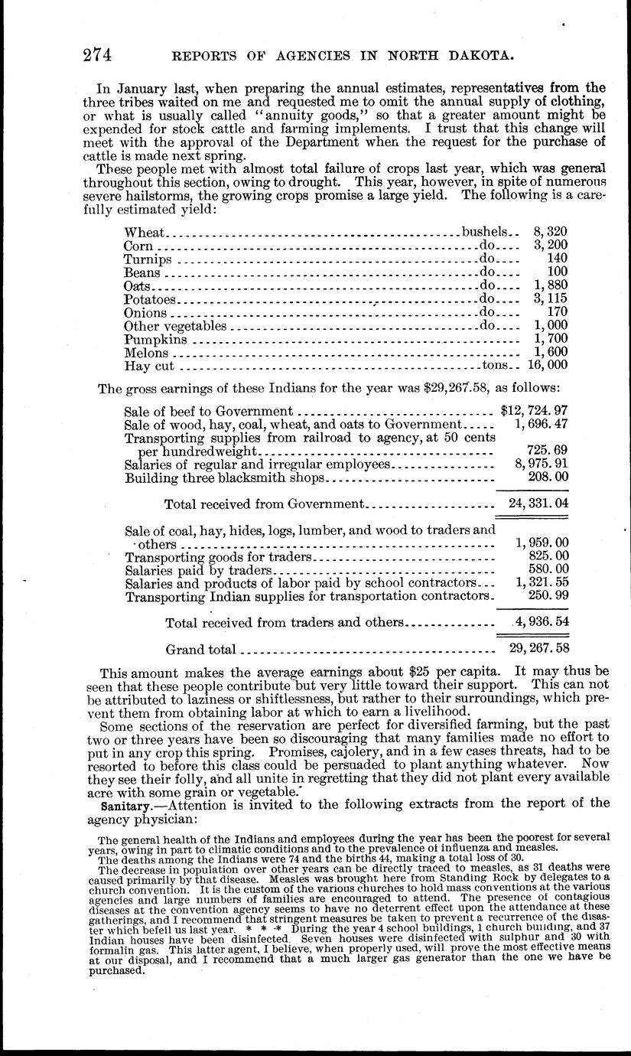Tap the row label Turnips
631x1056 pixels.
click(145, 259)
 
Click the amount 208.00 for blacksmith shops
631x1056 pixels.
click(548, 477)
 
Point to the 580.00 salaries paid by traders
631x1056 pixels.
click(548, 570)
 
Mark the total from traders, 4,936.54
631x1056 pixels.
click(541, 622)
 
